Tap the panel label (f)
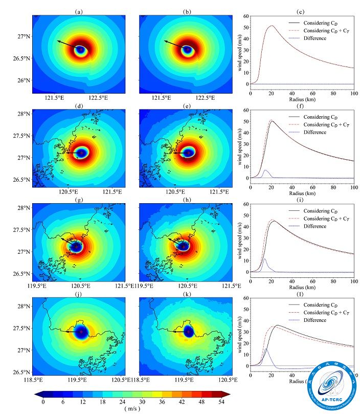coord(301,105)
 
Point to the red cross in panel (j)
coord(80,332)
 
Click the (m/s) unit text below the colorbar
coord(132,410)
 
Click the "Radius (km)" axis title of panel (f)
coord(301,194)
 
